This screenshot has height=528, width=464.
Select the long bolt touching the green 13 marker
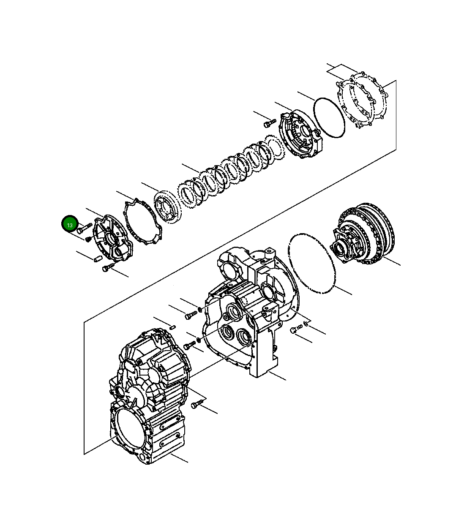click(x=85, y=228)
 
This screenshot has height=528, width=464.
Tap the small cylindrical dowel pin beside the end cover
click(x=97, y=259)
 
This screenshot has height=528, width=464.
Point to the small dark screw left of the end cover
click(x=88, y=239)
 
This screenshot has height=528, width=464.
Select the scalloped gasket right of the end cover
click(x=143, y=222)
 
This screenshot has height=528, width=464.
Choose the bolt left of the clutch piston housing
click(x=270, y=123)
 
